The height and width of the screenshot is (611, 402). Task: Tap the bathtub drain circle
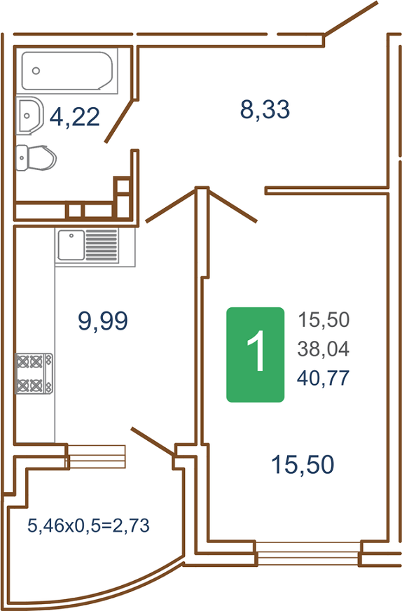point(36,71)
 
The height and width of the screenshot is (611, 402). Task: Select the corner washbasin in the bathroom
point(29,115)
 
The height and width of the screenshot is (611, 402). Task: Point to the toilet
point(36,157)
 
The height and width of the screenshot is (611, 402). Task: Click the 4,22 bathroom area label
point(75,117)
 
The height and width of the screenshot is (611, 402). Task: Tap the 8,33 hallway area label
point(265,109)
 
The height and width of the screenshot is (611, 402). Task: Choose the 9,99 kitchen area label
point(103,321)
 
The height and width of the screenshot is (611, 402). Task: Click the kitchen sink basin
point(71,245)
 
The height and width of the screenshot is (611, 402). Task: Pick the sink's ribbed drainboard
point(102,245)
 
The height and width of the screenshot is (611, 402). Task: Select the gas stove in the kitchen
point(34,373)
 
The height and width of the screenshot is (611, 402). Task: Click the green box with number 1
point(256,355)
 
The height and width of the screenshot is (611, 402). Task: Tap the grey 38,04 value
point(324,349)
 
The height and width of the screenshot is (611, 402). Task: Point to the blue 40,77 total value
point(324,378)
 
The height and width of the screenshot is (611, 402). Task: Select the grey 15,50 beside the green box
point(324,320)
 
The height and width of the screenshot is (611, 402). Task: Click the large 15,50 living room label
point(303,465)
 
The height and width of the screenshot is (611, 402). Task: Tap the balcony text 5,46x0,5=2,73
point(88,526)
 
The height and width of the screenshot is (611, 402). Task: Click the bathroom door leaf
point(120,121)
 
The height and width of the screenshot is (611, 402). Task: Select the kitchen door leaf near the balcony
point(153,442)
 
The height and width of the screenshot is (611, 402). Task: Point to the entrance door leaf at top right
point(351,18)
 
